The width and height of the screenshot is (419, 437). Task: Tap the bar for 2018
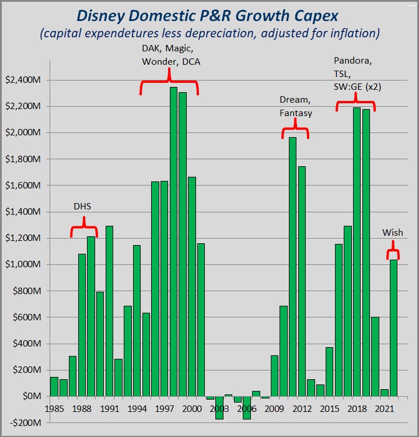tap(357, 251)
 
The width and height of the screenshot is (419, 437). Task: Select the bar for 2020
tap(375, 356)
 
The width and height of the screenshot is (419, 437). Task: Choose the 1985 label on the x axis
tap(54, 408)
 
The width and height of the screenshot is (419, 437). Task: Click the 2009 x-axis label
tap(274, 408)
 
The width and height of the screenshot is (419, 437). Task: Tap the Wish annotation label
tap(393, 232)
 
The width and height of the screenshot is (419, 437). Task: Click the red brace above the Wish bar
tap(393, 252)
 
